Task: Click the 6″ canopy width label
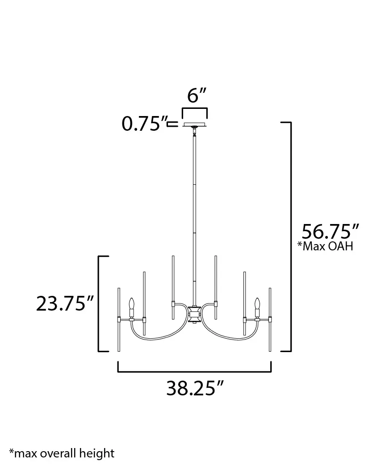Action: (197, 95)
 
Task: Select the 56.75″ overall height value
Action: (331, 232)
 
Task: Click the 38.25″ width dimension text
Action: (195, 388)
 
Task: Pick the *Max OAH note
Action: (325, 246)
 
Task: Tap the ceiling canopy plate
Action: (194, 124)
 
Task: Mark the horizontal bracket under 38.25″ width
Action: (194, 370)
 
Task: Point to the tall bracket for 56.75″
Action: (290, 237)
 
